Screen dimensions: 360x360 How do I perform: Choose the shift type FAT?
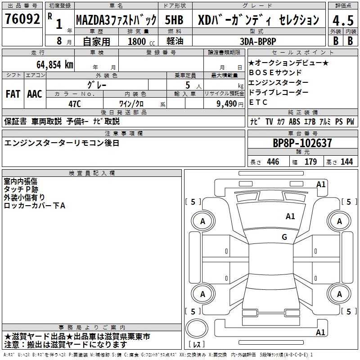point(13,94)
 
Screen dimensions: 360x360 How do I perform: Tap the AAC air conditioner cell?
point(34,94)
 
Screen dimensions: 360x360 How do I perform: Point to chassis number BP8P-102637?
point(302,144)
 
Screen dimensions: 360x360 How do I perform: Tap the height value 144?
point(346,162)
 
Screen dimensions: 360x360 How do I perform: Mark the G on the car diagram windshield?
point(284,237)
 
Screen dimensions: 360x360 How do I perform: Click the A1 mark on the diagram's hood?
point(290,216)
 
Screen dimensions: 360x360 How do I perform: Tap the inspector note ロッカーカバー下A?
point(35,206)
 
